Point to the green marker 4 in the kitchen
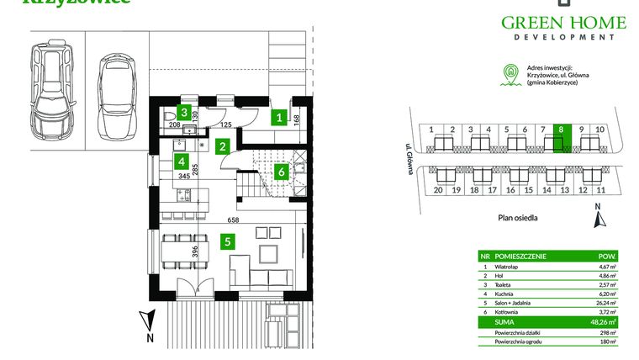click(180, 161)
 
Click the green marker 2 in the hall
click(222, 146)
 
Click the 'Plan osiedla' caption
click(517, 217)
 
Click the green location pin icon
click(508, 73)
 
